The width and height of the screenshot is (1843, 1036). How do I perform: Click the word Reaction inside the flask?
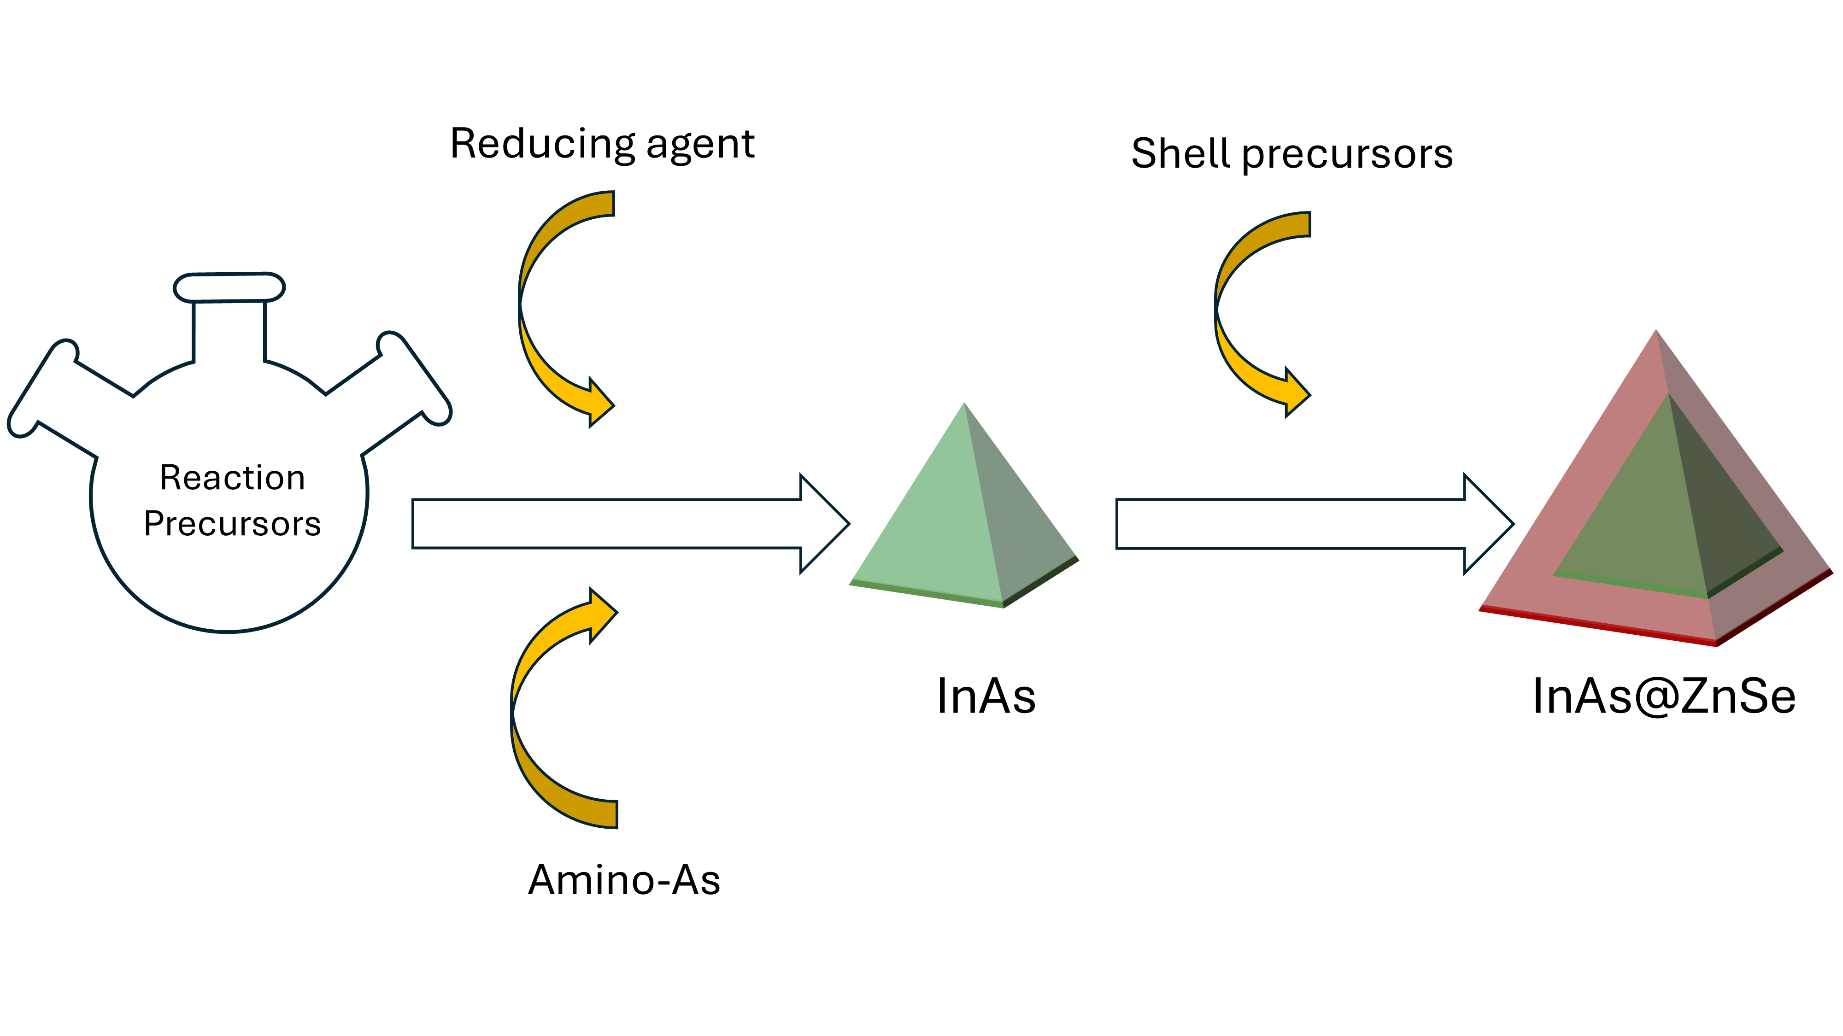[233, 478]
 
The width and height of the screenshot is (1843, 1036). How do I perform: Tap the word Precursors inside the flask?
[233, 524]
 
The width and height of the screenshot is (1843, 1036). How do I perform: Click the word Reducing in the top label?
[541, 145]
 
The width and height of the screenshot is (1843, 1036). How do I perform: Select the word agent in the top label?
[700, 145]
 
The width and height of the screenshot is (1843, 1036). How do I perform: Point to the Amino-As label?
[624, 879]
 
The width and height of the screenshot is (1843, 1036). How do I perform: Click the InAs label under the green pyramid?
[986, 696]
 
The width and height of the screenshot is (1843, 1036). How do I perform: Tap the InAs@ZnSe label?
[1663, 696]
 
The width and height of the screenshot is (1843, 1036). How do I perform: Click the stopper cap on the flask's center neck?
[229, 287]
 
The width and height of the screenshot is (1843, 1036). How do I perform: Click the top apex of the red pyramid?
[1655, 335]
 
